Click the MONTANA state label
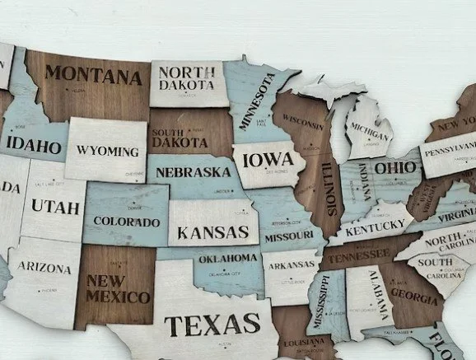click(92, 77)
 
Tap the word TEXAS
click(212, 325)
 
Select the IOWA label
click(264, 158)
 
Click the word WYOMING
click(108, 152)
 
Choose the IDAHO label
click(34, 147)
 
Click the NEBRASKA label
click(194, 173)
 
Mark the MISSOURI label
click(289, 236)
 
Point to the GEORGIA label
click(413, 292)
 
